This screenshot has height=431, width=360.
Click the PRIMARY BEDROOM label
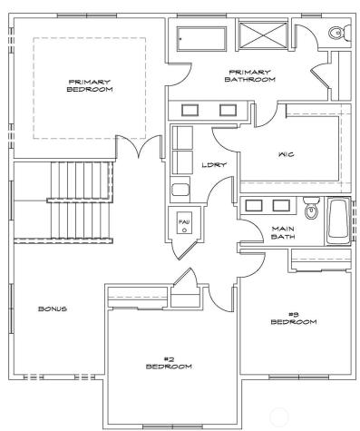pos(91,86)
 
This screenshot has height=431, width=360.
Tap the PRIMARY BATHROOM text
pos(249,76)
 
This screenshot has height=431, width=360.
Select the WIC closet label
pos(286,154)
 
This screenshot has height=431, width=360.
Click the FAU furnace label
pos(183,221)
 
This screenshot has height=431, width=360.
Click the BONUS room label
pos(52,309)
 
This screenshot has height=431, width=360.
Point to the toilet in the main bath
pos(311,210)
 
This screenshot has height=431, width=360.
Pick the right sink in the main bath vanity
pos(281,204)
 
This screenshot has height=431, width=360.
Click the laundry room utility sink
pos(180,191)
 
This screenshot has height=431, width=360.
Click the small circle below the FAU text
pos(183,230)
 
